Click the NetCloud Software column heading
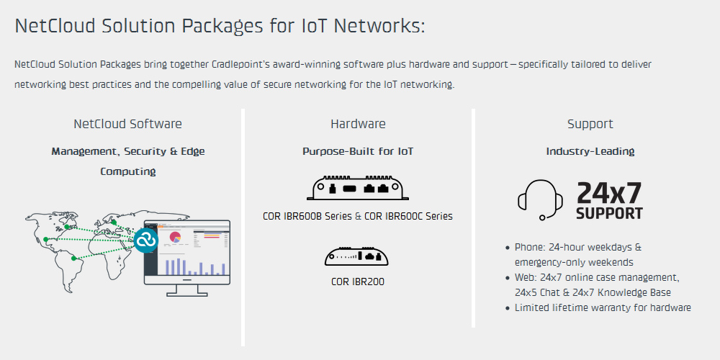pyautogui.click(x=127, y=124)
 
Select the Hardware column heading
pyautogui.click(x=358, y=124)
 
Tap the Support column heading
pyautogui.click(x=590, y=124)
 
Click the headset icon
pyautogui.click(x=541, y=199)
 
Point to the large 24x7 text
pyautogui.click(x=609, y=193)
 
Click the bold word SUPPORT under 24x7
pyautogui.click(x=609, y=214)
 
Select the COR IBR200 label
pyautogui.click(x=358, y=282)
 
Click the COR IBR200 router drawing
pyautogui.click(x=357, y=256)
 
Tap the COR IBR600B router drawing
pyautogui.click(x=358, y=187)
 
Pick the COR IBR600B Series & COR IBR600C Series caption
pyautogui.click(x=358, y=216)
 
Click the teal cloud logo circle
pyautogui.click(x=146, y=240)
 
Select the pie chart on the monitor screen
pyautogui.click(x=176, y=237)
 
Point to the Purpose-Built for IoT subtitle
pyautogui.click(x=358, y=151)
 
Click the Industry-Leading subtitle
pyautogui.click(x=590, y=151)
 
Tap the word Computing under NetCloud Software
pyautogui.click(x=127, y=172)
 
